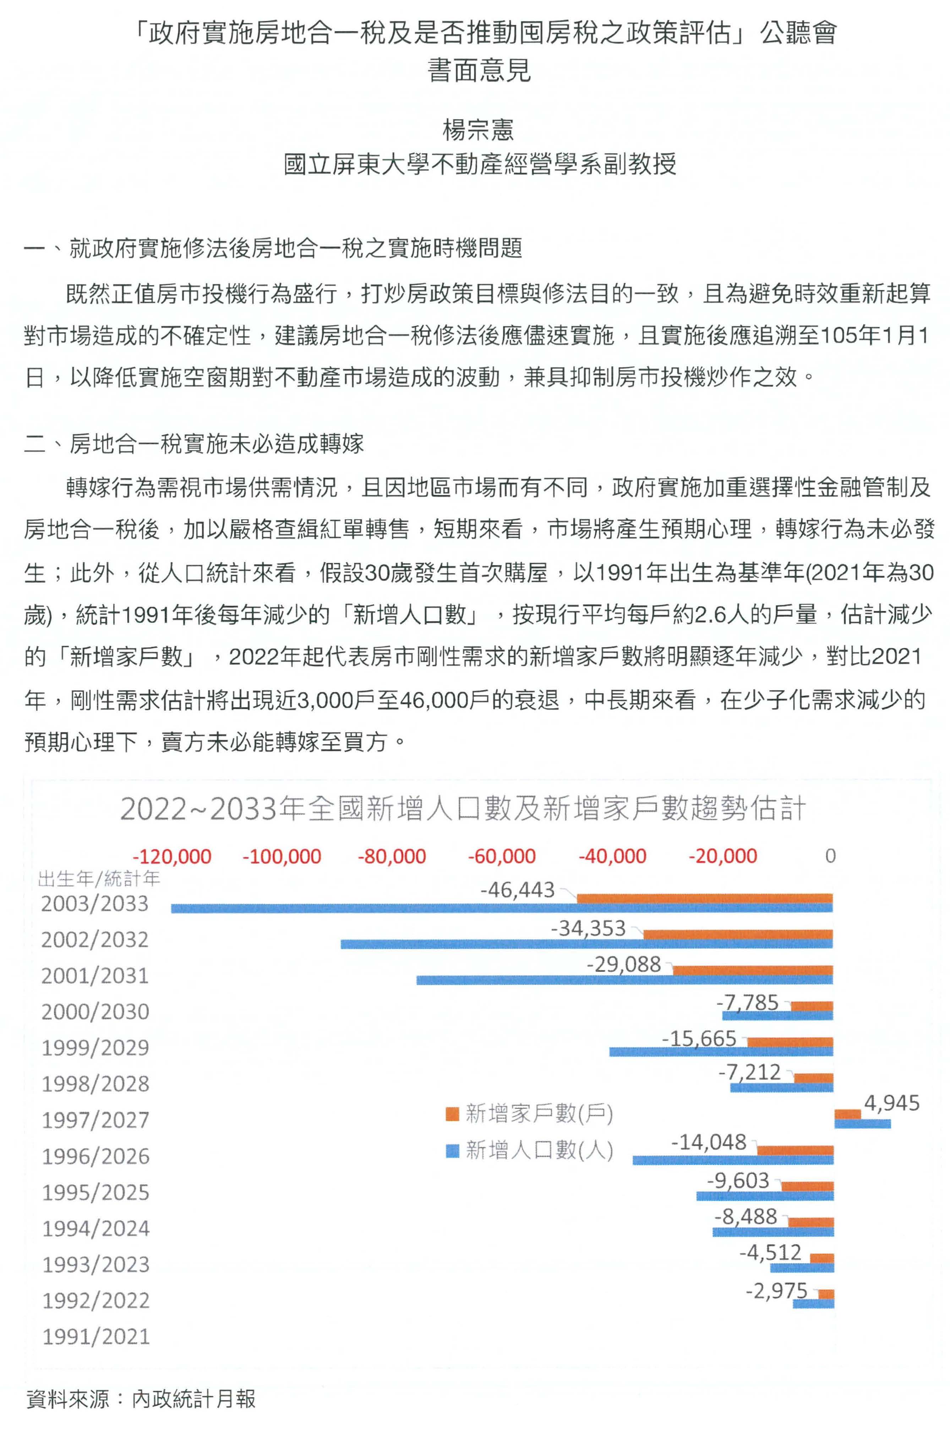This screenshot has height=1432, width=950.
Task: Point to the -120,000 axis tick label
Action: coord(172,856)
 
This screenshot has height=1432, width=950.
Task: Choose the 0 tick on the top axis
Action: coord(830,856)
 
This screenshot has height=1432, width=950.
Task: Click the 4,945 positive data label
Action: coord(891,1103)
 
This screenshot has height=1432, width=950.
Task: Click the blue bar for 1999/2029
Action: coord(721,1051)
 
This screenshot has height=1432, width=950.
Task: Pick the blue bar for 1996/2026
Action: coord(733,1159)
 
